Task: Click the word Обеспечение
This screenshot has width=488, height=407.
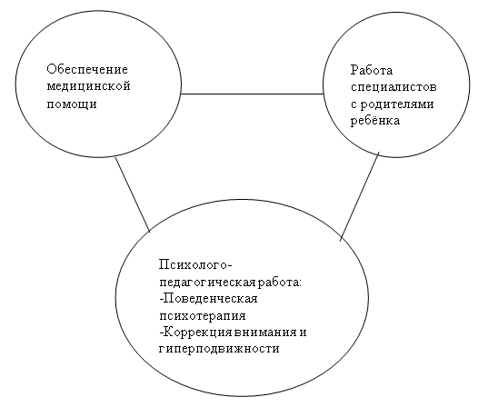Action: [87, 69]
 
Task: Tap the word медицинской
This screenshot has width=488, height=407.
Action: [88, 86]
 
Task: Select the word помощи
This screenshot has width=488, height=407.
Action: [72, 104]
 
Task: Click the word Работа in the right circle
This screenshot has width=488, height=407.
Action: [372, 70]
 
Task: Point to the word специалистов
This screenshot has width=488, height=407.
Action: [393, 87]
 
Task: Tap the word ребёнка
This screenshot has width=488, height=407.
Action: [375, 120]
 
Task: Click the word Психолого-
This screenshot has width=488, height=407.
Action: [195, 264]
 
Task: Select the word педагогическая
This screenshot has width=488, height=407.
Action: [208, 283]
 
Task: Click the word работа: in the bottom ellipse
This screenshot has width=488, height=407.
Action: [280, 283]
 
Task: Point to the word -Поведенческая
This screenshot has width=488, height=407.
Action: [208, 298]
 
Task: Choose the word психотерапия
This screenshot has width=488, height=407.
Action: [203, 316]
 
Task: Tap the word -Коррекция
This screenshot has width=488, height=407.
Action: [196, 332]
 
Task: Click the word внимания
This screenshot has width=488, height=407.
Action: [265, 333]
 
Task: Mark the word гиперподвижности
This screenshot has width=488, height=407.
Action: [219, 349]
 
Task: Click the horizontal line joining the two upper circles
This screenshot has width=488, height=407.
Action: [252, 94]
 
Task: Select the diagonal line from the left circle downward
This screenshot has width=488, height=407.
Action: [133, 194]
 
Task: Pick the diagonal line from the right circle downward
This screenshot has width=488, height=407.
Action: [360, 196]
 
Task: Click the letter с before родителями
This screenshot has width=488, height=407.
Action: [354, 104]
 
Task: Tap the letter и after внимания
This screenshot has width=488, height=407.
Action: [303, 333]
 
